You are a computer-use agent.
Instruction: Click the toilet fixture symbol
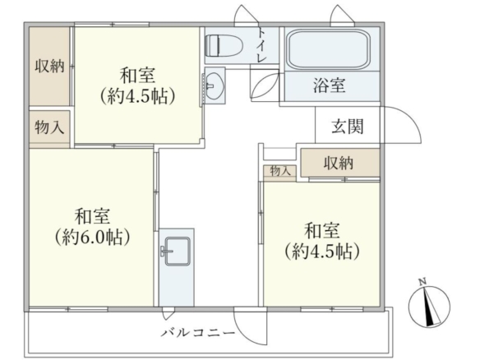(x=224, y=45)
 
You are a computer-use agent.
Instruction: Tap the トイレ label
(x=261, y=45)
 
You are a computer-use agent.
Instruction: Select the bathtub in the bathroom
(x=330, y=49)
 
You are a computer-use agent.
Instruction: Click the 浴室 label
(x=330, y=85)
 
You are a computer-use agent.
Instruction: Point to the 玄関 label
(x=348, y=126)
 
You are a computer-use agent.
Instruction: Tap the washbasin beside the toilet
(x=215, y=85)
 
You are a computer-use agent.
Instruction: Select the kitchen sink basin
(x=178, y=252)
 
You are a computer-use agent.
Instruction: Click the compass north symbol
(x=430, y=306)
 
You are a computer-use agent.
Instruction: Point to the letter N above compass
(x=422, y=282)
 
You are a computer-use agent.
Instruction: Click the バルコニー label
(x=198, y=333)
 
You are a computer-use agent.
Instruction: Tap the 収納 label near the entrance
(x=339, y=164)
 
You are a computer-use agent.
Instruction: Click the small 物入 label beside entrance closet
(x=280, y=171)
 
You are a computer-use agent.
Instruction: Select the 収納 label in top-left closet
(x=49, y=66)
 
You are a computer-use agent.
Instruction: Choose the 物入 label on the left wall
(x=49, y=127)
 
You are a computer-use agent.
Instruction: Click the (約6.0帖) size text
(x=92, y=238)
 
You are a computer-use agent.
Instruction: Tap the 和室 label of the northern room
(x=137, y=76)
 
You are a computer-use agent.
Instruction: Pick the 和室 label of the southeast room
(x=321, y=231)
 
